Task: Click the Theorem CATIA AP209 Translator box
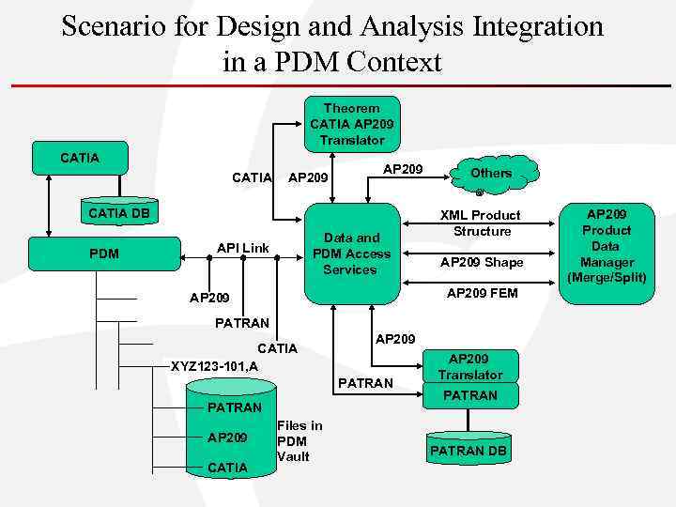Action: tap(352, 124)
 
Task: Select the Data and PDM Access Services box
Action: tap(351, 253)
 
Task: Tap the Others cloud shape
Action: tap(491, 174)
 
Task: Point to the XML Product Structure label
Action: tap(482, 223)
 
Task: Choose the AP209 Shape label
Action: tap(482, 263)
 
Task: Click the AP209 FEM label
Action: tap(482, 293)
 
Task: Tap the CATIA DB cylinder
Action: tap(118, 213)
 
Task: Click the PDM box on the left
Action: tap(103, 253)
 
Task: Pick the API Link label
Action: tap(242, 248)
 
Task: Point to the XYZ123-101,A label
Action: tap(215, 365)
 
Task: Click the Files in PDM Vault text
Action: tap(300, 440)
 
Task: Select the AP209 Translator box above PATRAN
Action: tap(469, 366)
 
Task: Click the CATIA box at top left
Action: tap(79, 158)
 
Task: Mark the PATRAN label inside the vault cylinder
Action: tap(234, 407)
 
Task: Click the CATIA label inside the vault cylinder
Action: tap(227, 467)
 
